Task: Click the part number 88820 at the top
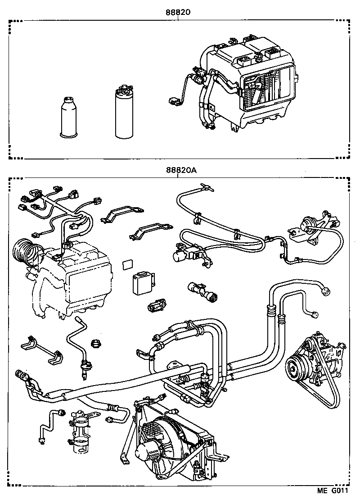[179, 12]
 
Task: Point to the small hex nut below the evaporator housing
[96, 344]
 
